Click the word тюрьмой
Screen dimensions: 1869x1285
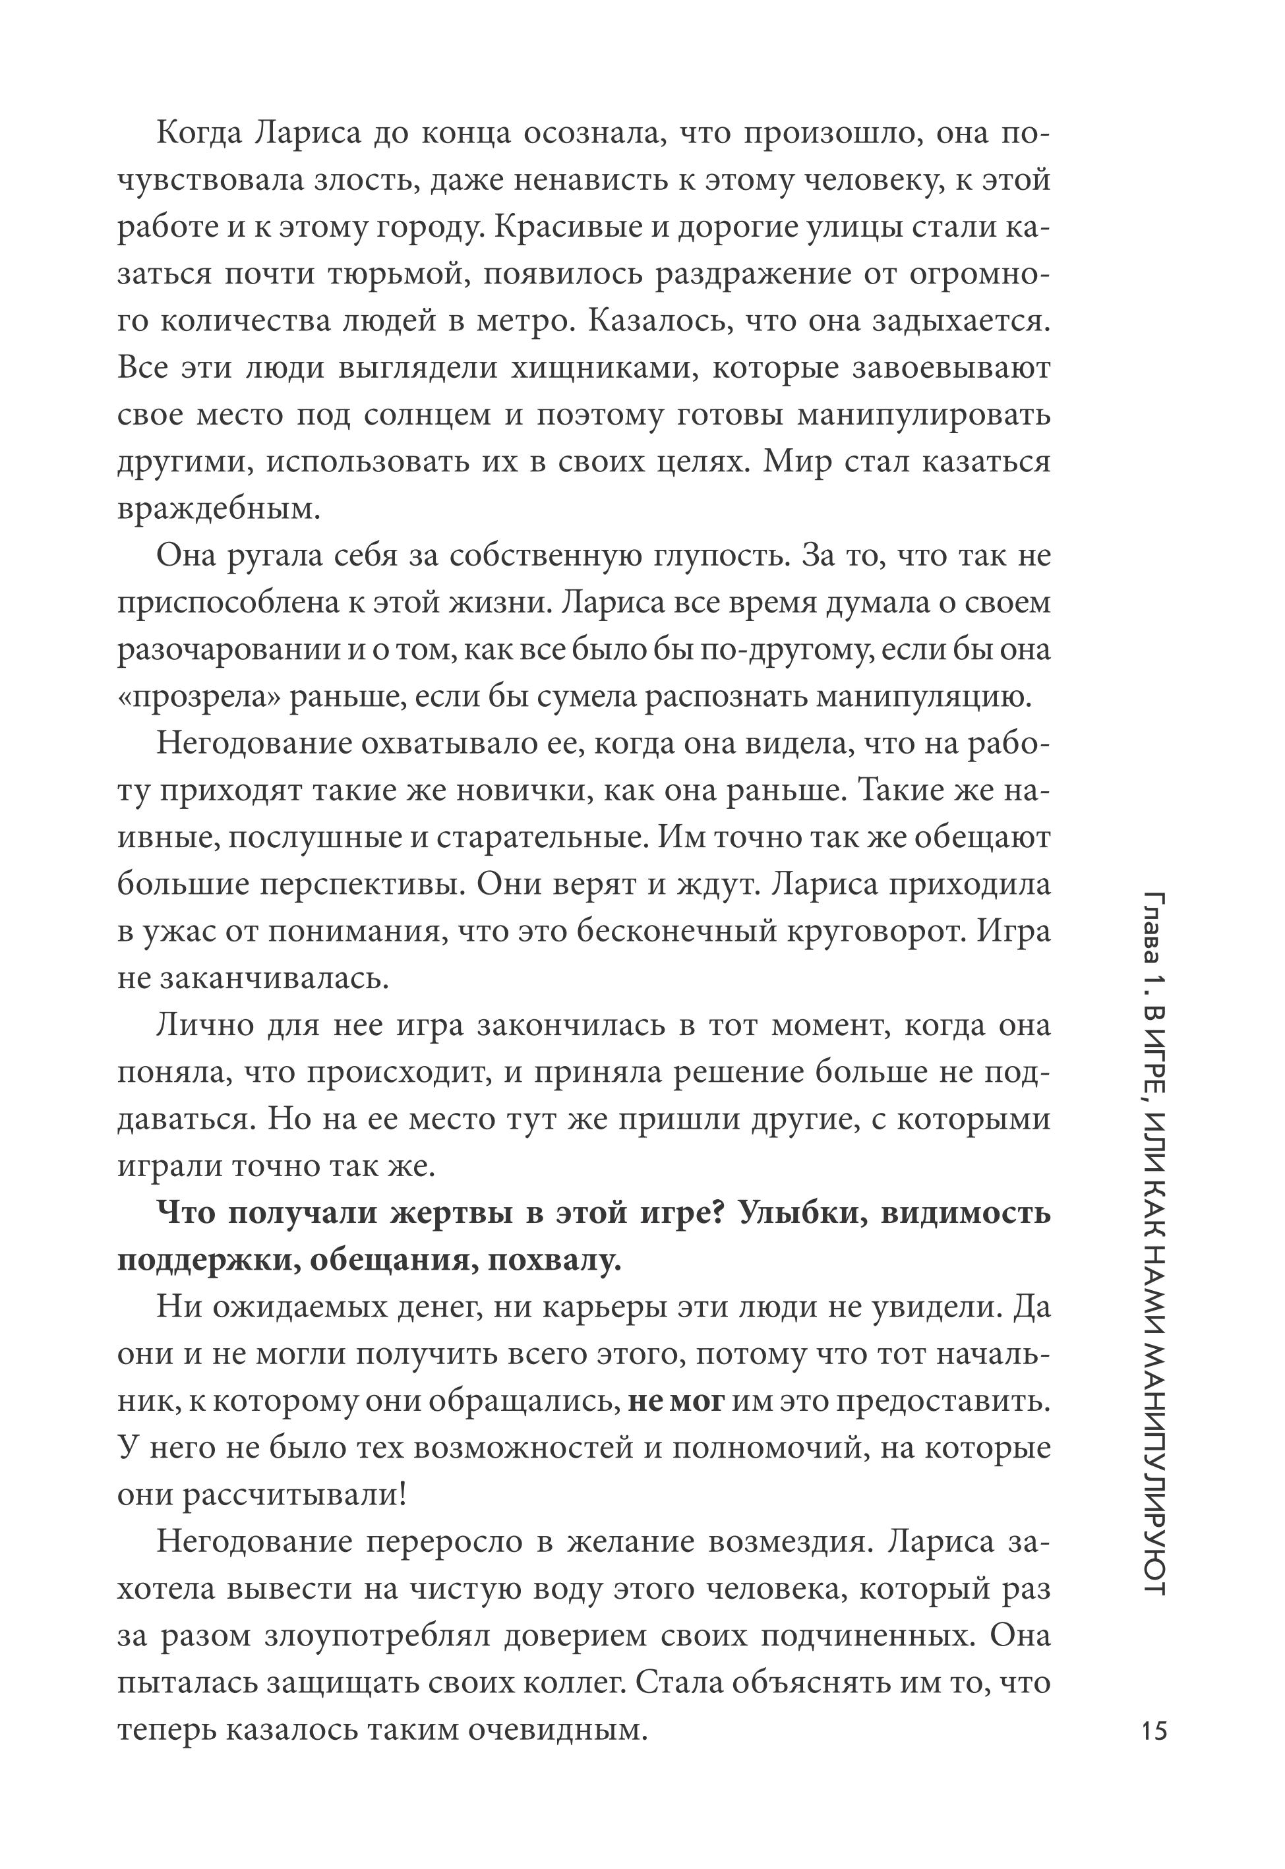pyautogui.click(x=393, y=274)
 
